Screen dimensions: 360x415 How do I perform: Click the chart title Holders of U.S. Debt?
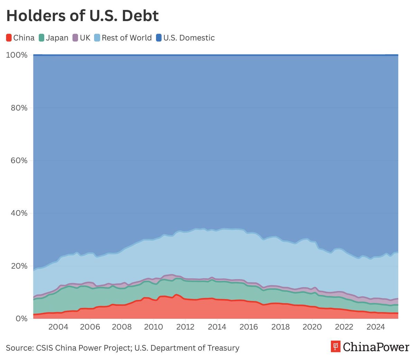tap(82, 16)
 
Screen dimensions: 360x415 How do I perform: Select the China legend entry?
tap(20, 38)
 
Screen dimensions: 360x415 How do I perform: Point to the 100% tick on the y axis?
tap(17, 55)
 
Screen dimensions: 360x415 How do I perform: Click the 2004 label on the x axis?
tap(58, 327)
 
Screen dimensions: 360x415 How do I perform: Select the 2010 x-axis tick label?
tap(153, 327)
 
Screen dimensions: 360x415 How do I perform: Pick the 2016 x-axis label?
tap(249, 327)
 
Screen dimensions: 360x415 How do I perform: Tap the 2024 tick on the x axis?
tap(376, 327)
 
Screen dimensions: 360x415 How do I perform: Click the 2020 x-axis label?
tap(312, 327)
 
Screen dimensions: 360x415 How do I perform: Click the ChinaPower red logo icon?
tap(335, 346)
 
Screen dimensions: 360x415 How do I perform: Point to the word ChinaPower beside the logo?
tap(376, 346)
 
